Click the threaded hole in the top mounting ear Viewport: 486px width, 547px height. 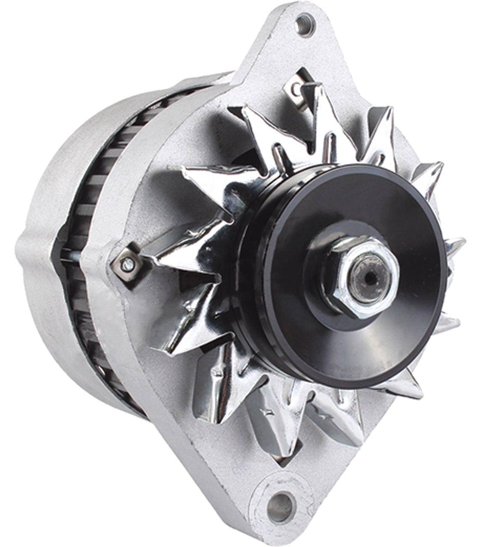304,20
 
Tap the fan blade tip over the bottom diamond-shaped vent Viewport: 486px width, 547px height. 274,440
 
